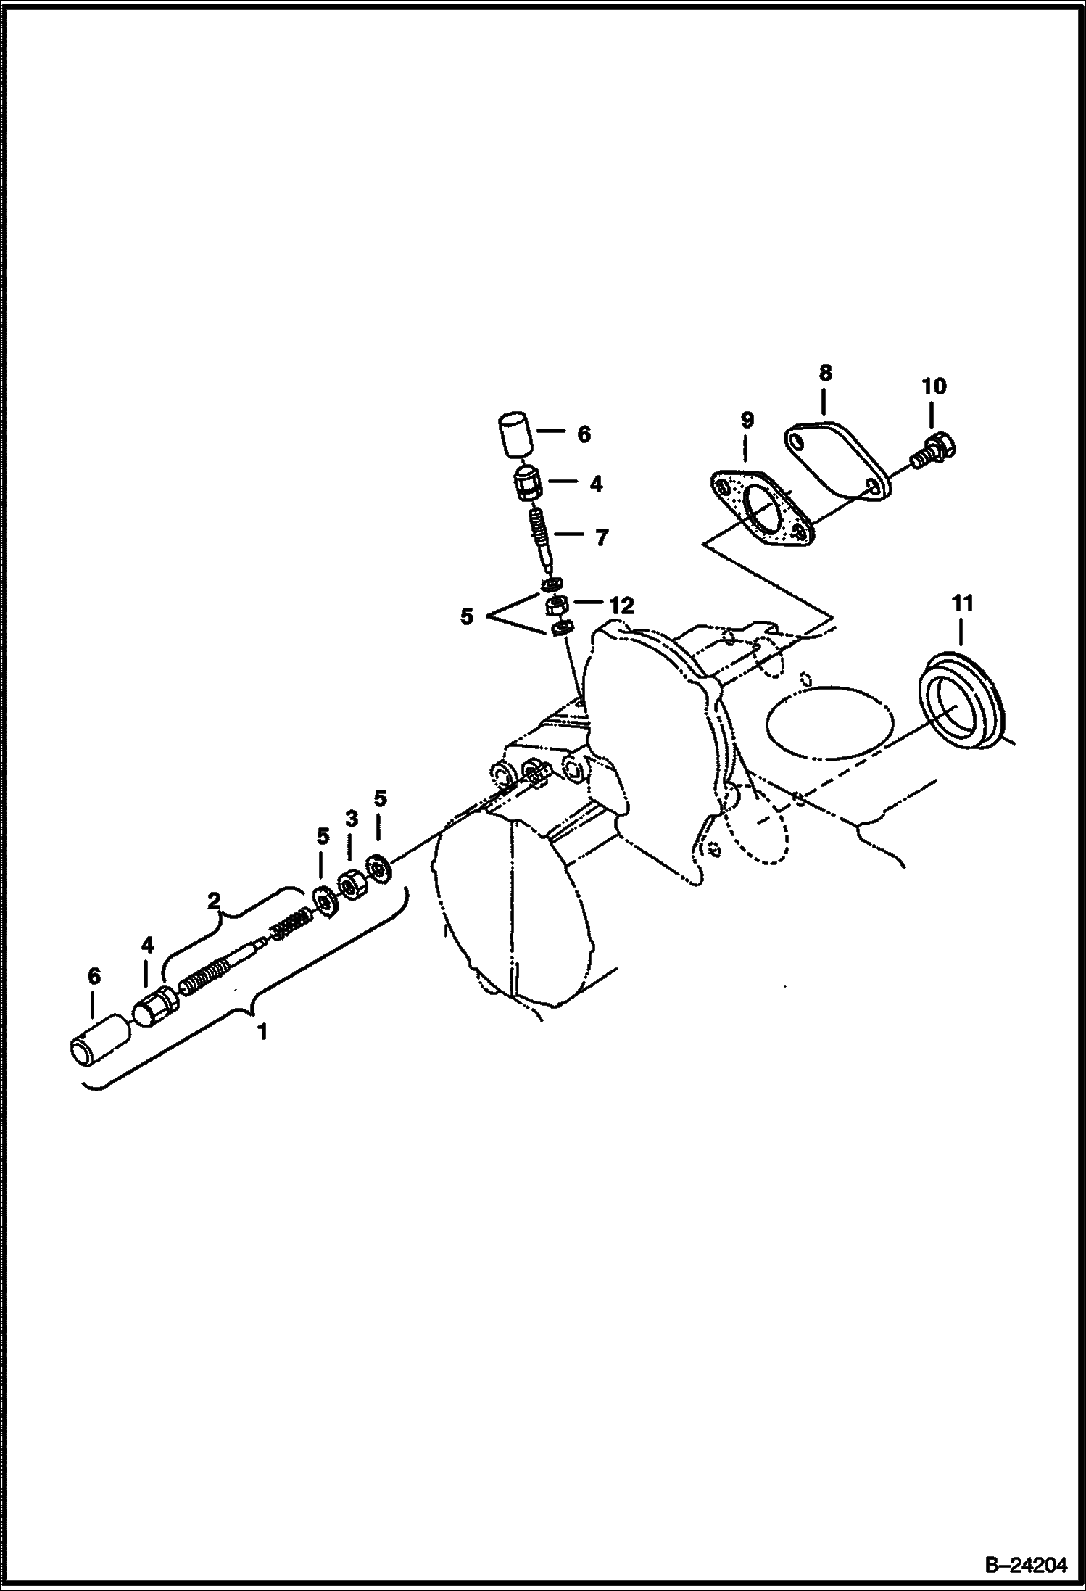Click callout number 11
click(962, 603)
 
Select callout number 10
click(934, 386)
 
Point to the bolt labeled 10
click(934, 449)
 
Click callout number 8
click(824, 374)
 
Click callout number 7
click(601, 538)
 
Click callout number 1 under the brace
click(262, 1031)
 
